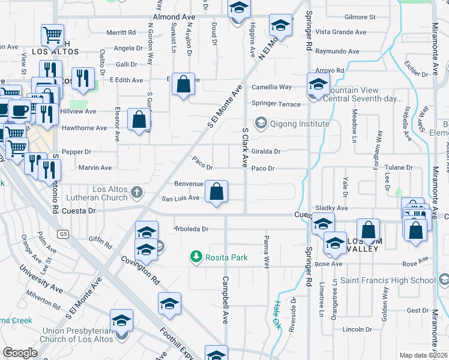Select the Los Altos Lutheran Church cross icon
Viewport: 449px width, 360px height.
click(137, 192)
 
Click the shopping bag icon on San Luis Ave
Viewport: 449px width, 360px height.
click(217, 192)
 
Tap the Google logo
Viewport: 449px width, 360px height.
click(20, 352)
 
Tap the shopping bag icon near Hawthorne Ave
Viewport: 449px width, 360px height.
click(139, 120)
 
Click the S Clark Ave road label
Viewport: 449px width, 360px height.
click(245, 147)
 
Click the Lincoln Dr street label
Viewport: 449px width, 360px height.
click(358, 329)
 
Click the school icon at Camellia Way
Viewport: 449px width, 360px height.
click(318, 84)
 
